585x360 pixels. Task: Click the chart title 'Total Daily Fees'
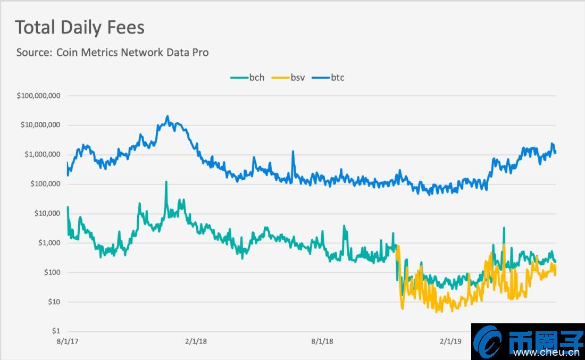(80, 28)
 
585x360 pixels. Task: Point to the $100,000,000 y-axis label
(38, 96)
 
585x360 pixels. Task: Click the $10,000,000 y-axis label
(40, 125)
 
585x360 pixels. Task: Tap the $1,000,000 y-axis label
(42, 155)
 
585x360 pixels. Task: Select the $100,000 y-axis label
(45, 184)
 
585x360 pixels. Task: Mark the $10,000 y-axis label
(47, 214)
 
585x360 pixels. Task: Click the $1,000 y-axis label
(49, 243)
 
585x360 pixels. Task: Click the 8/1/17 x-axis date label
(68, 341)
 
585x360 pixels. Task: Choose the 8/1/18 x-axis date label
(322, 341)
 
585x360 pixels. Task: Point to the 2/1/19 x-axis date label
(450, 341)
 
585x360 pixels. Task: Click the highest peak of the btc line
(168, 116)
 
